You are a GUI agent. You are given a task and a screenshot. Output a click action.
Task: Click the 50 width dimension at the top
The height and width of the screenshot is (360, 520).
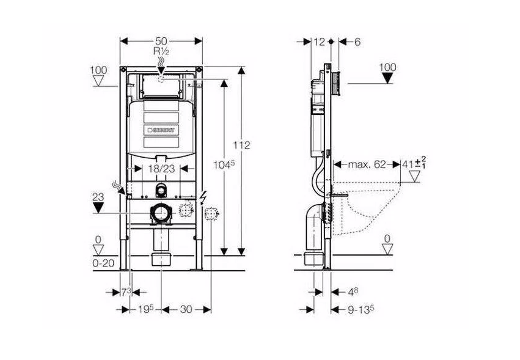[161, 41]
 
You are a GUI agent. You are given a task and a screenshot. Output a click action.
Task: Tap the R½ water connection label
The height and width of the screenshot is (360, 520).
[161, 51]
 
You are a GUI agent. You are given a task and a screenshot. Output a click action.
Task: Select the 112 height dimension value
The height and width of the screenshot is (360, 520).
[241, 145]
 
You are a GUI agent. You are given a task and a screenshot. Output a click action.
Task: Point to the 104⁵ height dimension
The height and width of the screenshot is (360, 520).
[224, 164]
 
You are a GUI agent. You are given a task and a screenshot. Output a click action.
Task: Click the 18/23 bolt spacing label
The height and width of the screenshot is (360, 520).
[161, 169]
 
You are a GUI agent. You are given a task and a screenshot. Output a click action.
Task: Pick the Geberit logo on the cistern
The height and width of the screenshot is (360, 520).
[161, 130]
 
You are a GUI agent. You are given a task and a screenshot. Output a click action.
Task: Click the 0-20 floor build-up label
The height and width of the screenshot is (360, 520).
[103, 263]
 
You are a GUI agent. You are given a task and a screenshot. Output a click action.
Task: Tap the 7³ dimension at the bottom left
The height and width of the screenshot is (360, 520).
[126, 292]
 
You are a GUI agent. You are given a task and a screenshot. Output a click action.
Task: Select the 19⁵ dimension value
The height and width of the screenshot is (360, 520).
[146, 309]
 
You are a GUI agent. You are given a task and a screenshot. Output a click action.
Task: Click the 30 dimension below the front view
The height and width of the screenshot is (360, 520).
[186, 309]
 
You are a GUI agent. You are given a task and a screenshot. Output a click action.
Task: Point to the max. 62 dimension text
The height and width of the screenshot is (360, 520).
[367, 164]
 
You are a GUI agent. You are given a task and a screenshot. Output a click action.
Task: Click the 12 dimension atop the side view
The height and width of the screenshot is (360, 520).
[319, 42]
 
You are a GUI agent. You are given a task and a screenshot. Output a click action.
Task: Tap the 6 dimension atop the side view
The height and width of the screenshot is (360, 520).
[357, 42]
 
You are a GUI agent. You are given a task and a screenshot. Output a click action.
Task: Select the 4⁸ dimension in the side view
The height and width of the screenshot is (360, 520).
[353, 292]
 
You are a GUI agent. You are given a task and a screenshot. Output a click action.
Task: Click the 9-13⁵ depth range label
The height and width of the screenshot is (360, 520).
[361, 309]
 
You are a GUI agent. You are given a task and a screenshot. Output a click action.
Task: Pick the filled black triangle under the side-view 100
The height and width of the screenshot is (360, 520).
[387, 78]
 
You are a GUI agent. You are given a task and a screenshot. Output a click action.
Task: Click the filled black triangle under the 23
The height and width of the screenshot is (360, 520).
[98, 208]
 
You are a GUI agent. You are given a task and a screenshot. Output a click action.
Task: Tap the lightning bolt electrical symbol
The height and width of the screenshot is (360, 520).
[203, 198]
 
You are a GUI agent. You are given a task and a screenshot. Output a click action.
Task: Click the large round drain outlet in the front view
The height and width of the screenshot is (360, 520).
[161, 213]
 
